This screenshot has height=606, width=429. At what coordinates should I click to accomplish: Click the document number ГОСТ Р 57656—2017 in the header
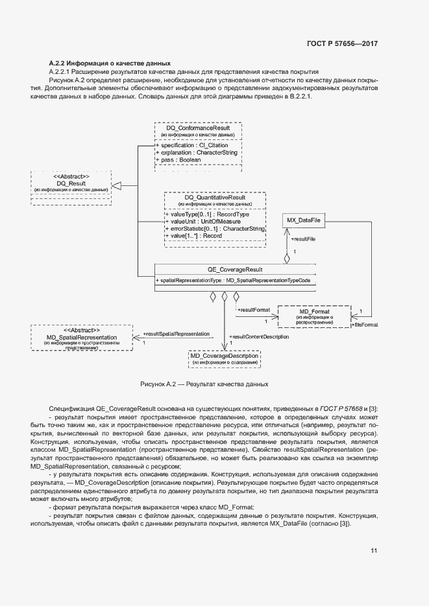click(x=341, y=44)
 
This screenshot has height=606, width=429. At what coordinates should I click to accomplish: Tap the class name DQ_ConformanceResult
click(x=198, y=128)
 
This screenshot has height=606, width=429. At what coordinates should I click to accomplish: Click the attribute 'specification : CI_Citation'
click(x=191, y=145)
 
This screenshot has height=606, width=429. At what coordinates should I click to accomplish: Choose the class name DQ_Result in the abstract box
click(x=71, y=183)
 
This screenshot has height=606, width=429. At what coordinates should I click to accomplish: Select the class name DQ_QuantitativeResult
click(x=214, y=197)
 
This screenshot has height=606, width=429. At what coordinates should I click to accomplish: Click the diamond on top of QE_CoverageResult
click(x=286, y=258)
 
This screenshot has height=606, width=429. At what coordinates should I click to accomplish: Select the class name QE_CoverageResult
click(x=235, y=269)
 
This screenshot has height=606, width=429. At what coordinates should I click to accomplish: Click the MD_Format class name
click(x=315, y=312)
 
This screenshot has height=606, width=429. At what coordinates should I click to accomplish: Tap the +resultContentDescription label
click(x=260, y=336)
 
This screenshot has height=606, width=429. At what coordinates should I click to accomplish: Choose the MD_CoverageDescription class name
click(x=224, y=356)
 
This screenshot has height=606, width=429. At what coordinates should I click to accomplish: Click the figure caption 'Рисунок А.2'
click(x=204, y=384)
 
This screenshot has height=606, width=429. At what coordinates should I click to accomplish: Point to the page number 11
click(x=374, y=551)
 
